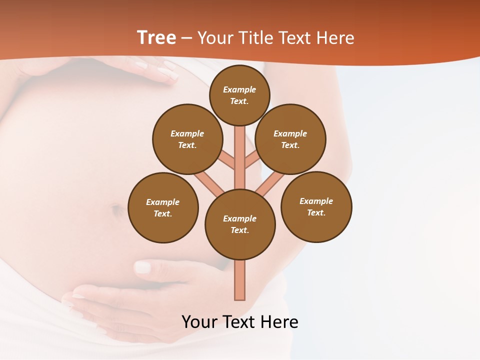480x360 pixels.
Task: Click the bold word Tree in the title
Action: point(156,38)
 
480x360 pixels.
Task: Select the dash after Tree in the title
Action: point(186,38)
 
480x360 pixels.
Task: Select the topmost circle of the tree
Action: point(239,95)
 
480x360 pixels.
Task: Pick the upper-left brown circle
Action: point(187,139)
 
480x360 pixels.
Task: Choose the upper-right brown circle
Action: point(290,139)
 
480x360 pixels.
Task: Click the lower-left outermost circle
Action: point(163,207)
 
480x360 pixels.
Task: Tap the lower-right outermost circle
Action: point(316,206)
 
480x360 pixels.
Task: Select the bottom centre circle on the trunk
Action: point(240,224)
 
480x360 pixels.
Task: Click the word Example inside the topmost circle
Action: point(239,89)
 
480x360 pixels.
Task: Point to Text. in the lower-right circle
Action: point(316,212)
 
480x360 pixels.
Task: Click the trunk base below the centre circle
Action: point(240,280)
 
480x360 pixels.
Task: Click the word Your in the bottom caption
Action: point(199,321)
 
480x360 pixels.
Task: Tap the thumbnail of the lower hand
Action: point(143,267)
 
